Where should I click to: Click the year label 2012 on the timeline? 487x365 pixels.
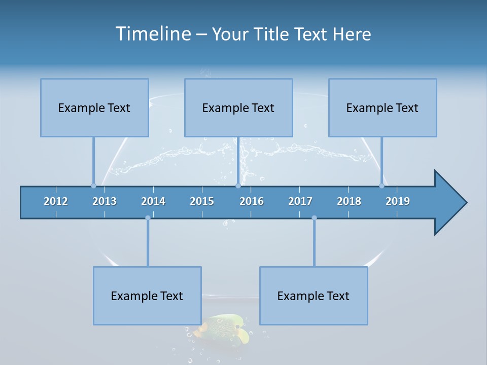click(56, 201)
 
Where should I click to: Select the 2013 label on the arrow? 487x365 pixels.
click(105, 201)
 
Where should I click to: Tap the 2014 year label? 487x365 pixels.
click(153, 201)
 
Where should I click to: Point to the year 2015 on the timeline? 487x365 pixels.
click(202, 201)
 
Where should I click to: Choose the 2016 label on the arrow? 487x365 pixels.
click(252, 201)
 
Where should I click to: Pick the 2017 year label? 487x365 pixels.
click(300, 201)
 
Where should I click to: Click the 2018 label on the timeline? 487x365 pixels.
click(349, 201)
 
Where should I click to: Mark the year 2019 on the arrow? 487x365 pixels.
click(398, 201)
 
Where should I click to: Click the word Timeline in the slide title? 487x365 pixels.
click(153, 34)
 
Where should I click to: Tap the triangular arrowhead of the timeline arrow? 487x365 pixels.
click(449, 203)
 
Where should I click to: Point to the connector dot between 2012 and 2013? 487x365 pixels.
click(93, 186)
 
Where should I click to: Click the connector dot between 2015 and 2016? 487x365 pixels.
click(238, 186)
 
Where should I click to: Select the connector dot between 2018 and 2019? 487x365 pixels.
click(381, 186)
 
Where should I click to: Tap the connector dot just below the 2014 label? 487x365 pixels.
click(148, 218)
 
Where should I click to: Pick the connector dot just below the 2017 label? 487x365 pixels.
click(314, 218)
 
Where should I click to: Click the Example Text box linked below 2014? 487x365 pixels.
click(147, 296)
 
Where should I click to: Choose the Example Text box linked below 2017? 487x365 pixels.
click(314, 296)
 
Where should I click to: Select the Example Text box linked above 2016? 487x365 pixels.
click(238, 107)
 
